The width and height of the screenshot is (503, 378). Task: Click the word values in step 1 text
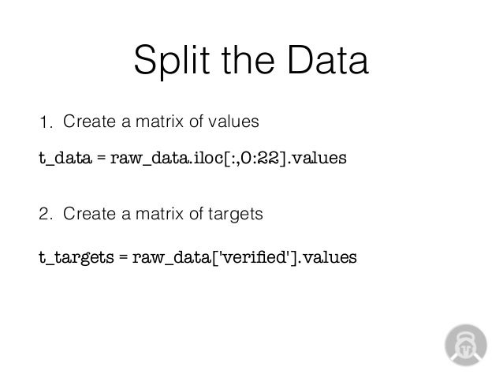tap(237, 122)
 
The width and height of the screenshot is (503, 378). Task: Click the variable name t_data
tap(65, 159)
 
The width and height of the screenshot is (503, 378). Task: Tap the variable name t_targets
tap(76, 257)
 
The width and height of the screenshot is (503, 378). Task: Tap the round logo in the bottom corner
tap(465, 344)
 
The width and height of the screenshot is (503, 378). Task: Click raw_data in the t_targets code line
tap(167, 257)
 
